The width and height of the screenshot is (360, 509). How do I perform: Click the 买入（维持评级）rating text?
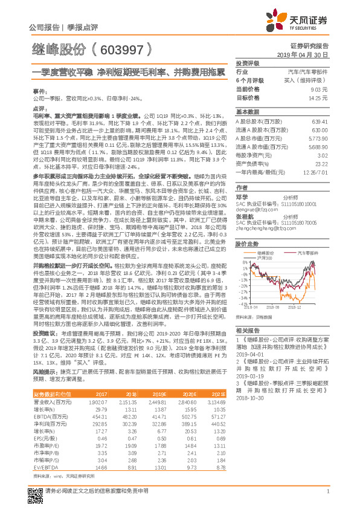pyautogui.click(x=308, y=80)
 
